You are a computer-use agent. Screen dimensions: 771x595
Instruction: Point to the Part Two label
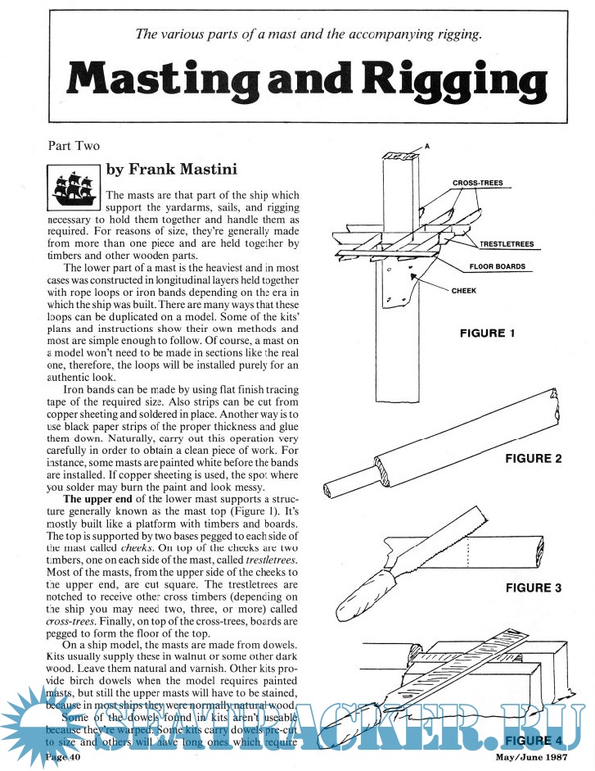(x=74, y=146)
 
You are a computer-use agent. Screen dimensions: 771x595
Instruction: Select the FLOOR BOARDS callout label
(x=502, y=266)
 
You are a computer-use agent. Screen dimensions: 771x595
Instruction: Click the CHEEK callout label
(x=464, y=289)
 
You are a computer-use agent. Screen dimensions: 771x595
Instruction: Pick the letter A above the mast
(x=426, y=147)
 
